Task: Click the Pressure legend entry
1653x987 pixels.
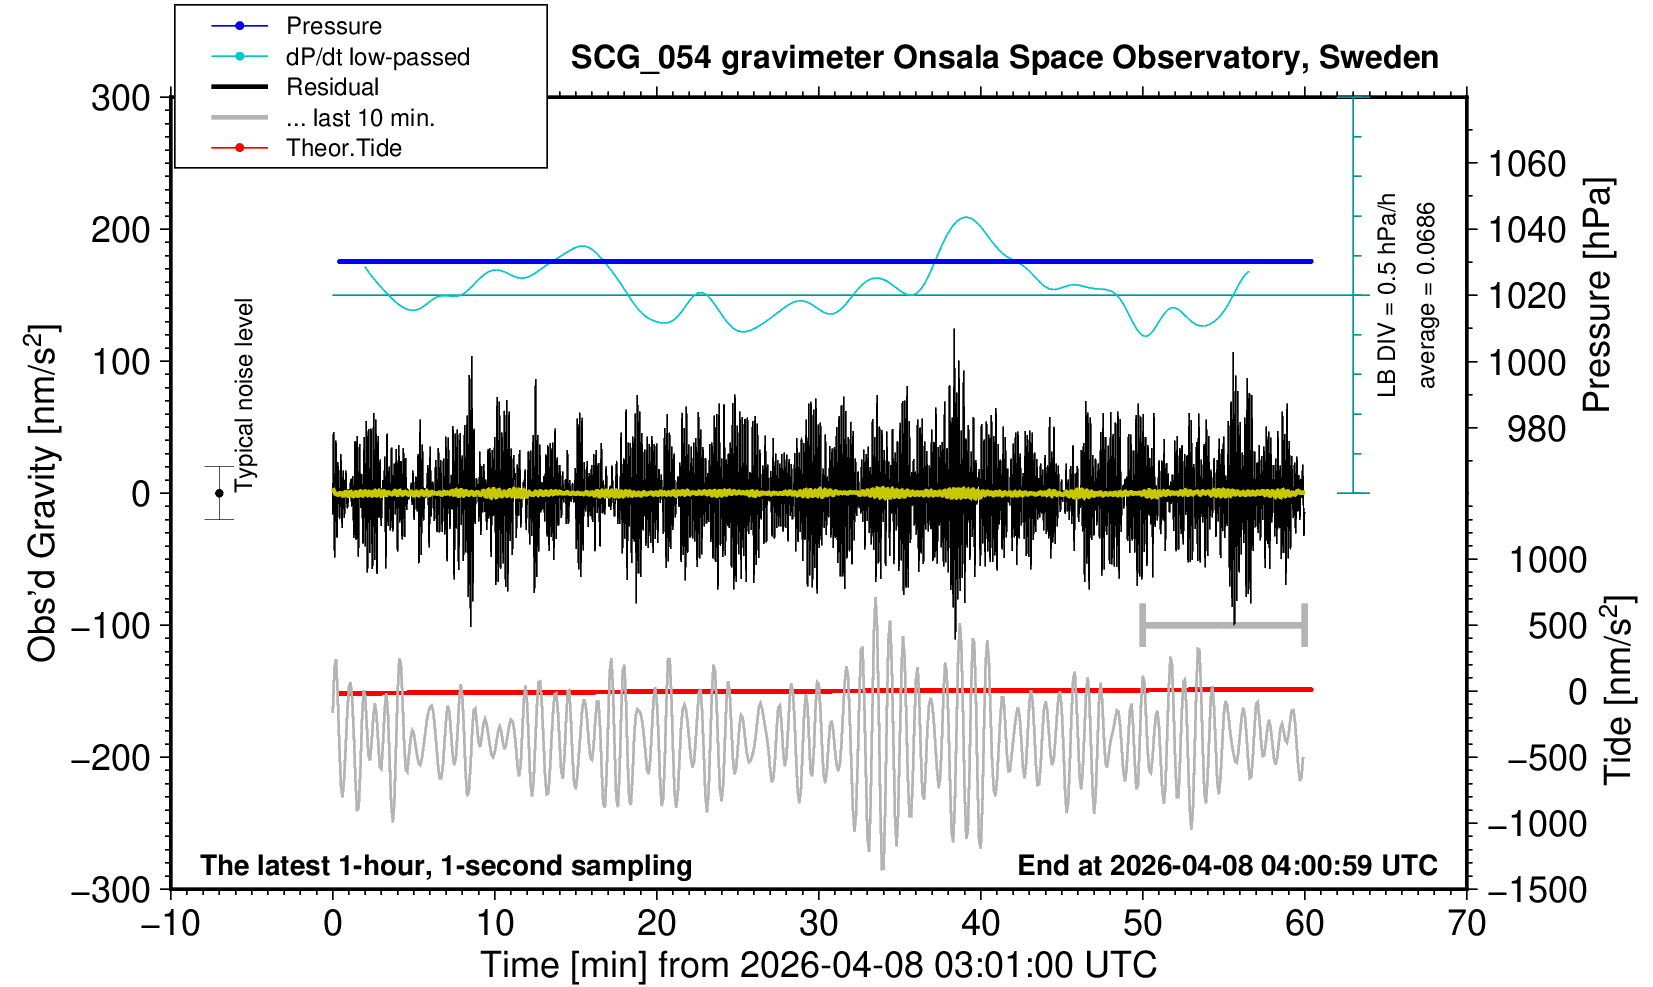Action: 333,26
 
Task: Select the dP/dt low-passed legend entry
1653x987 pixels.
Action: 377,57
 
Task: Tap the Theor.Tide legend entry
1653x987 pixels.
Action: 343,148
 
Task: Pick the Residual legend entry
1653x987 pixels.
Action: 332,87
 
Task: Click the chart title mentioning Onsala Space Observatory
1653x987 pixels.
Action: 1004,58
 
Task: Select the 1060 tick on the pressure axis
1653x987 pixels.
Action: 1527,163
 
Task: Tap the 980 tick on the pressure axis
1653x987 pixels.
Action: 1537,429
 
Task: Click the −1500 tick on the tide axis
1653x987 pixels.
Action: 1537,889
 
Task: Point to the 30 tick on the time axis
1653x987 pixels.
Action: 818,922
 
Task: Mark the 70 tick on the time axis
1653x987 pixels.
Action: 1466,922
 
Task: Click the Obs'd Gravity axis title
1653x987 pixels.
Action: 42,493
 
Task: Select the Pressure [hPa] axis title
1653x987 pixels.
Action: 1598,296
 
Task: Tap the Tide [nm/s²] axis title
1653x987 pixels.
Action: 1618,690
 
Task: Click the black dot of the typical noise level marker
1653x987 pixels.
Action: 219,493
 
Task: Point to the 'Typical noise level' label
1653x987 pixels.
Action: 244,395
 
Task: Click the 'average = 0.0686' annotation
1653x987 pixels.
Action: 1427,296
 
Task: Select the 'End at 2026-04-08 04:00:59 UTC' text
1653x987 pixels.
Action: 1227,865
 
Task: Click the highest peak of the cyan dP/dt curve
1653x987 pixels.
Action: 965,217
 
